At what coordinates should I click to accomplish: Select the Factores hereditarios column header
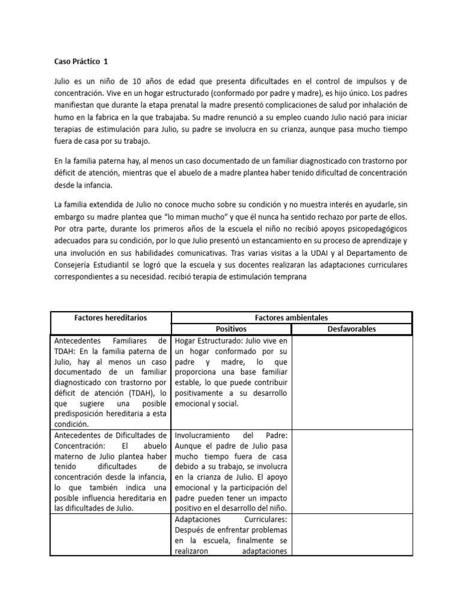tap(110, 318)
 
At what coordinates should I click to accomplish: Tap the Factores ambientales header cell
tap(291, 318)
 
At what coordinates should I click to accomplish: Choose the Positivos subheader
tap(231, 329)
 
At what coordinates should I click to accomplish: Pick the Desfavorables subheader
tap(351, 329)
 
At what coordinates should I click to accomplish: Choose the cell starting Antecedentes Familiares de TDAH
tap(110, 382)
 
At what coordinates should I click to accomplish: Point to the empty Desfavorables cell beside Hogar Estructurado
tap(351, 382)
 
